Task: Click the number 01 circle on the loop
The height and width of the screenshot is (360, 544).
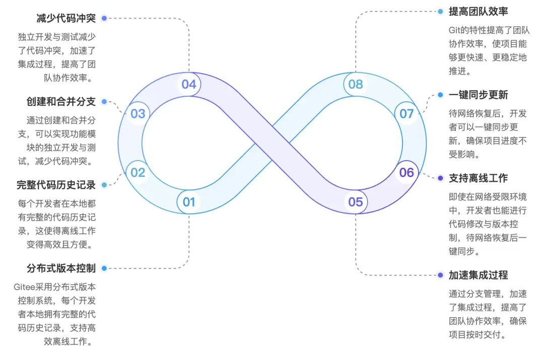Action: [189, 202]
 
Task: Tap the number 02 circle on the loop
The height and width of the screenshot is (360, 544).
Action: [138, 172]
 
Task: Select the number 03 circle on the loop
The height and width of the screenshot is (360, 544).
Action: [138, 113]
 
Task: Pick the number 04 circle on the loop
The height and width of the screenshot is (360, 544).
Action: [189, 84]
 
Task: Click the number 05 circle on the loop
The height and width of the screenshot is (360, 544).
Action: [356, 202]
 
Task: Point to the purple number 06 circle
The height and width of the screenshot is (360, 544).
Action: [406, 172]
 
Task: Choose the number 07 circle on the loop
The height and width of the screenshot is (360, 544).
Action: [406, 113]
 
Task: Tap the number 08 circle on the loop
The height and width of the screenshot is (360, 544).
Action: [356, 84]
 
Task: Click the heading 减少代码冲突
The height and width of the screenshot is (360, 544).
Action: [66, 18]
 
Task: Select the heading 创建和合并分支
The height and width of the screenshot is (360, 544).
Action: [61, 102]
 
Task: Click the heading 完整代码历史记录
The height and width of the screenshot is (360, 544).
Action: [56, 185]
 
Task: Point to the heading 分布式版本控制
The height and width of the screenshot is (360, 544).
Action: [61, 268]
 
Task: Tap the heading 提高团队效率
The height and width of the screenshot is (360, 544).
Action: [479, 12]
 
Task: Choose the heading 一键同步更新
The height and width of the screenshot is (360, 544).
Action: [479, 95]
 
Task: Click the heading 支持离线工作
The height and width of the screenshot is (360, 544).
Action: [479, 178]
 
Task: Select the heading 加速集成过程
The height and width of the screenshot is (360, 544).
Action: [479, 275]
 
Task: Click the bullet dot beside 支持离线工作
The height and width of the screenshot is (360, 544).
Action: [440, 178]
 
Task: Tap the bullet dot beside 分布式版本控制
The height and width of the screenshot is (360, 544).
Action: [104, 268]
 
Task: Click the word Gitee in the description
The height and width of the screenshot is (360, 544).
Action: [24, 287]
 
